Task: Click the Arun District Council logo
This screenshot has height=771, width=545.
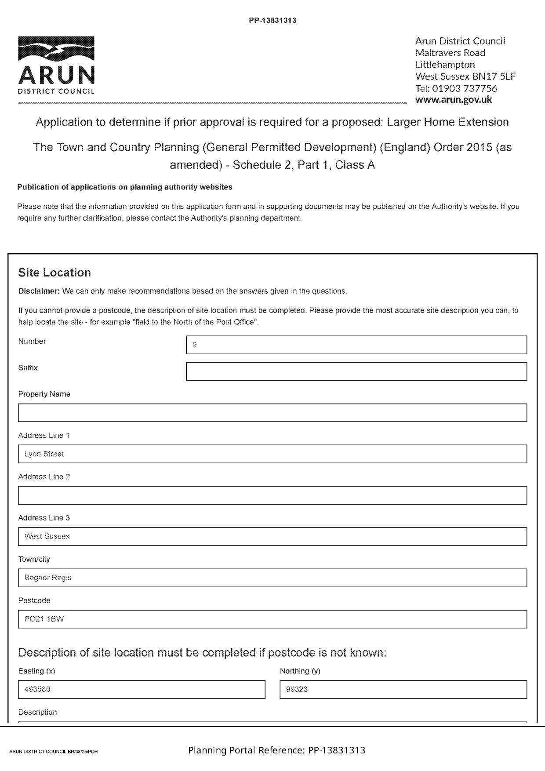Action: [x=56, y=65]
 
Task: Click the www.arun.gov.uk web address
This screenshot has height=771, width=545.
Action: [x=454, y=99]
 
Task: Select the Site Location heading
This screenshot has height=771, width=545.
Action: [x=54, y=273]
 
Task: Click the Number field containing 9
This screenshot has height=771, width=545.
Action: [x=356, y=345]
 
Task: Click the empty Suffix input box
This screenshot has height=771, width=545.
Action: [x=356, y=371]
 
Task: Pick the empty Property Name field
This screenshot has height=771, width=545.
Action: [x=272, y=413]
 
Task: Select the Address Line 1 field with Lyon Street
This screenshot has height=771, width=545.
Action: [x=272, y=454]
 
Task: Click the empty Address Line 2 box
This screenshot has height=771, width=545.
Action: [x=272, y=495]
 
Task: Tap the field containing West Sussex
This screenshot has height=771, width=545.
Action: [x=272, y=537]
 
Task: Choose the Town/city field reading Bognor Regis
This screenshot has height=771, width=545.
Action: [x=272, y=578]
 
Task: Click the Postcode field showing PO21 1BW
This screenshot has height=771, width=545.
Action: [x=272, y=619]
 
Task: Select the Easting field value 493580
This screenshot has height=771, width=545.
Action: [x=142, y=690]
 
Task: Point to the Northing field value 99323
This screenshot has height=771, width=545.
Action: [x=403, y=690]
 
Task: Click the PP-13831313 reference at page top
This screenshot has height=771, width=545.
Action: [x=272, y=20]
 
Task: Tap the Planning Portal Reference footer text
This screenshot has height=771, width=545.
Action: [x=276, y=750]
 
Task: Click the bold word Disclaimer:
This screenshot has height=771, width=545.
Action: [x=39, y=291]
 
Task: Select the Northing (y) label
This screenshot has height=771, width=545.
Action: [x=300, y=671]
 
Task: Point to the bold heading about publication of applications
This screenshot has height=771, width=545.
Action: [x=125, y=187]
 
